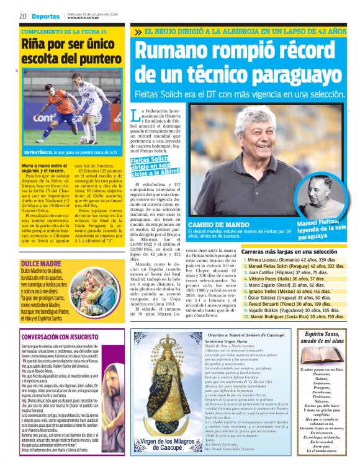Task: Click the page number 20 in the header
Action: click(22, 16)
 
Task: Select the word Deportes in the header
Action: click(47, 16)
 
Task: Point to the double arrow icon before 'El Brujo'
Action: click(138, 30)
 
